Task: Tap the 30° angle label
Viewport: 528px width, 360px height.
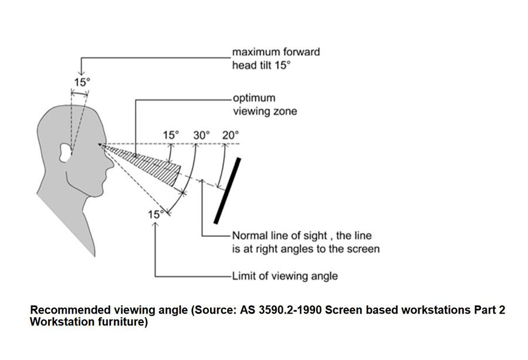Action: [201, 135]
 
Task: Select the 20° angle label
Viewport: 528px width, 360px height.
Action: [231, 135]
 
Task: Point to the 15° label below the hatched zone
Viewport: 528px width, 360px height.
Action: [154, 215]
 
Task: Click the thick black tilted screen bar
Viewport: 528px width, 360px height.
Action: [226, 191]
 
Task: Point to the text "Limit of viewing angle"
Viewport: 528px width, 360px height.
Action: [285, 275]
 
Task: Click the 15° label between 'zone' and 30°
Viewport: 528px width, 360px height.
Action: [171, 135]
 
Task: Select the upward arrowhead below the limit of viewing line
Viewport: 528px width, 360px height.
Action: [155, 225]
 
